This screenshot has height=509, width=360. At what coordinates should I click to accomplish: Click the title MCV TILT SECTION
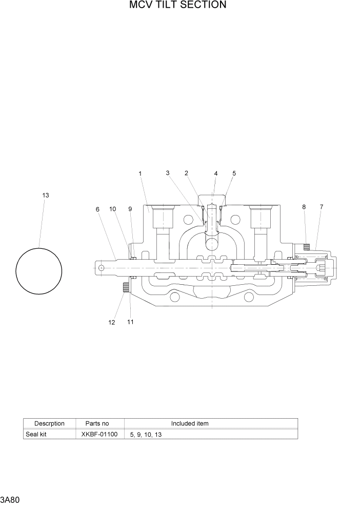click(177, 5)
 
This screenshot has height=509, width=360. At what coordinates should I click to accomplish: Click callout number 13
click(46, 195)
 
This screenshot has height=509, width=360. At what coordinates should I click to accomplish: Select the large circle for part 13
click(39, 271)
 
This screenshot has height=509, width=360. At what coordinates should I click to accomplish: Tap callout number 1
click(140, 173)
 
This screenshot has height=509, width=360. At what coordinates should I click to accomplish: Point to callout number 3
click(168, 173)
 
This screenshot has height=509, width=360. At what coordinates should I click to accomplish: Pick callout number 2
click(186, 173)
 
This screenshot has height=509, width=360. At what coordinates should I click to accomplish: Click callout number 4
click(216, 173)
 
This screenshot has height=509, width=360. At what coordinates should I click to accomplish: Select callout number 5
click(234, 173)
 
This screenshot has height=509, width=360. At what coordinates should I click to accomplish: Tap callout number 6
click(97, 209)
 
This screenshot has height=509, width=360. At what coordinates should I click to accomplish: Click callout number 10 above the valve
click(112, 209)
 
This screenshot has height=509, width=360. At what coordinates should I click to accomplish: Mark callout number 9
click(130, 209)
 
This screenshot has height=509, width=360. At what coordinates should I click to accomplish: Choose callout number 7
click(322, 207)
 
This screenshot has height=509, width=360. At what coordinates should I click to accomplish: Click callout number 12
click(112, 322)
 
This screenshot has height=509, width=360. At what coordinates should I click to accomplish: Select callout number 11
click(130, 322)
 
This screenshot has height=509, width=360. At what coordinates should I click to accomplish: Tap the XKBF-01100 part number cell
click(99, 434)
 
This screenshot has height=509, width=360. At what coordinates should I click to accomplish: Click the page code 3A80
click(10, 499)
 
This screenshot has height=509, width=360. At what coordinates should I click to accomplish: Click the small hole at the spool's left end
click(102, 267)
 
